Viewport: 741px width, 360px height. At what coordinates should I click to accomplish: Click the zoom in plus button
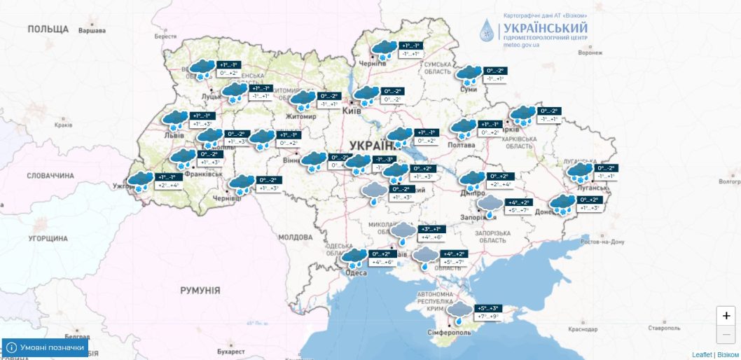(x=727, y=316)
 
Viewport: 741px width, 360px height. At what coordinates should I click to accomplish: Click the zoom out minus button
(x=727, y=334)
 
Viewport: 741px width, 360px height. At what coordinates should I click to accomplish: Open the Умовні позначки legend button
(x=46, y=347)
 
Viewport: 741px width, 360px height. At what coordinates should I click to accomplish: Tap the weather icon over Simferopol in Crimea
(x=461, y=312)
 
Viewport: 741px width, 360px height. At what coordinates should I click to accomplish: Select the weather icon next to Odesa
(x=355, y=258)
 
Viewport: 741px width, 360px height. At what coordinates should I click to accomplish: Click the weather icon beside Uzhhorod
(x=141, y=181)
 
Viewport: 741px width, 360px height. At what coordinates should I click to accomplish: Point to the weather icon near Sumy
(x=469, y=74)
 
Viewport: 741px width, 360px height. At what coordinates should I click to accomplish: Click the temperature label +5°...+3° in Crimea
(x=489, y=308)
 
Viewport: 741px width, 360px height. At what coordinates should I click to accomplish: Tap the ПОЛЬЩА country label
(x=48, y=29)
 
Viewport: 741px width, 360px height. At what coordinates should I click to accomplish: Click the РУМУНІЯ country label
(x=200, y=290)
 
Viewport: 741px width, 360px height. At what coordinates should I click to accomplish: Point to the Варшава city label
(x=92, y=31)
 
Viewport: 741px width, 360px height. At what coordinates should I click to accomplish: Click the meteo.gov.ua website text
(x=522, y=45)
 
